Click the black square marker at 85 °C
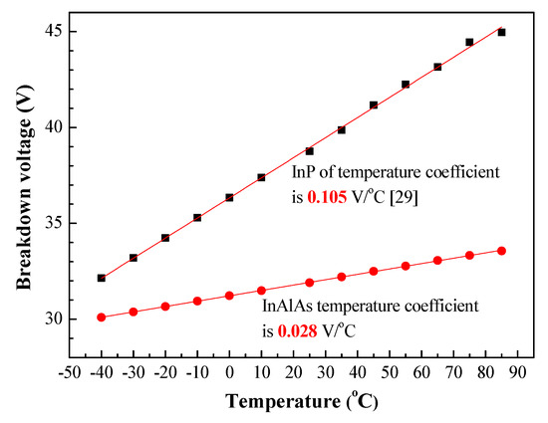pos(501,32)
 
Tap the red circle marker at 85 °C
pos(501,250)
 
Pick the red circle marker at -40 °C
pos(102,317)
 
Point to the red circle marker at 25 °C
pos(309,283)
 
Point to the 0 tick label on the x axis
pos(229,371)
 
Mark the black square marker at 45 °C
pos(374,105)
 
